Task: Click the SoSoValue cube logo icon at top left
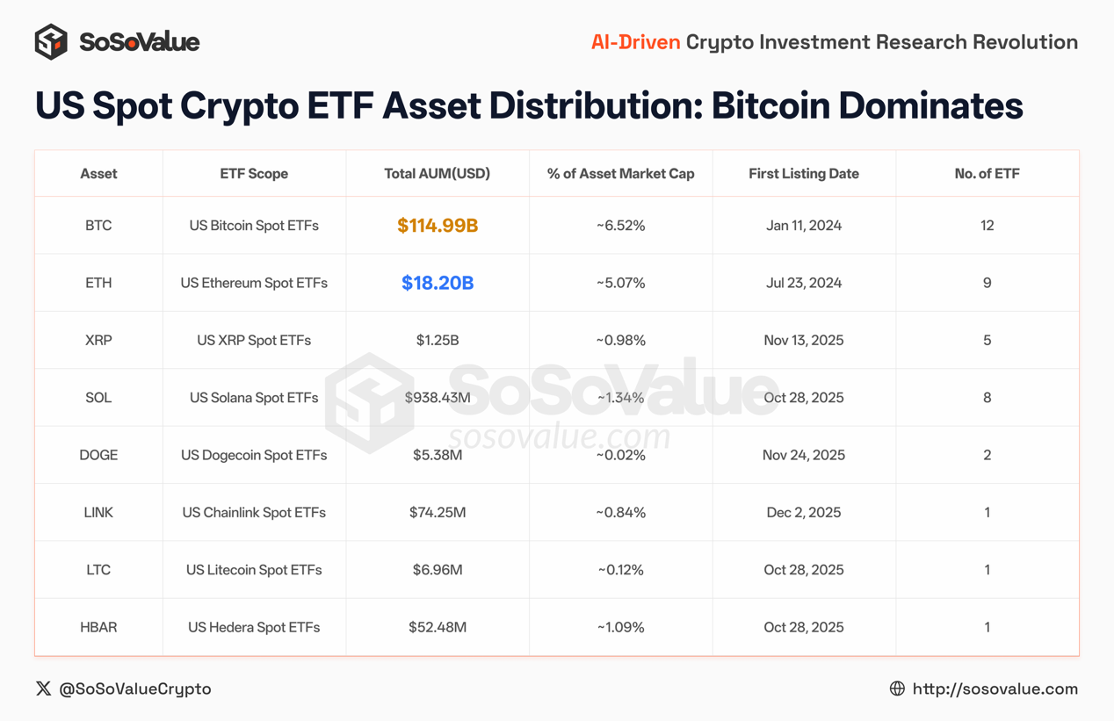click(51, 42)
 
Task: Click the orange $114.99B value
click(438, 226)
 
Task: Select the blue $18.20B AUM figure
click(438, 283)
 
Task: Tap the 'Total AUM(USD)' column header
click(438, 174)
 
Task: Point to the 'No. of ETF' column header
click(987, 174)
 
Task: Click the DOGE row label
click(98, 455)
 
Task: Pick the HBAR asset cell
click(98, 627)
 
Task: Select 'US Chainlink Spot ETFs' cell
click(254, 512)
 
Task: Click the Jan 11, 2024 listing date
click(804, 226)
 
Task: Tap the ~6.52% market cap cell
click(620, 226)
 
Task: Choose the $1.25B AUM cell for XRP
click(438, 340)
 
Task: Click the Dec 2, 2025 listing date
click(804, 512)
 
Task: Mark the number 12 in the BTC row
click(987, 226)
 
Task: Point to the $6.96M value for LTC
click(438, 570)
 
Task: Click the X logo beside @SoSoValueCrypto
click(43, 689)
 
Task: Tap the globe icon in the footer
click(897, 689)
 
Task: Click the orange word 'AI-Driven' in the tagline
click(635, 42)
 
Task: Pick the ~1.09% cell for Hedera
click(620, 627)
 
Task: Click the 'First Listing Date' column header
click(804, 174)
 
